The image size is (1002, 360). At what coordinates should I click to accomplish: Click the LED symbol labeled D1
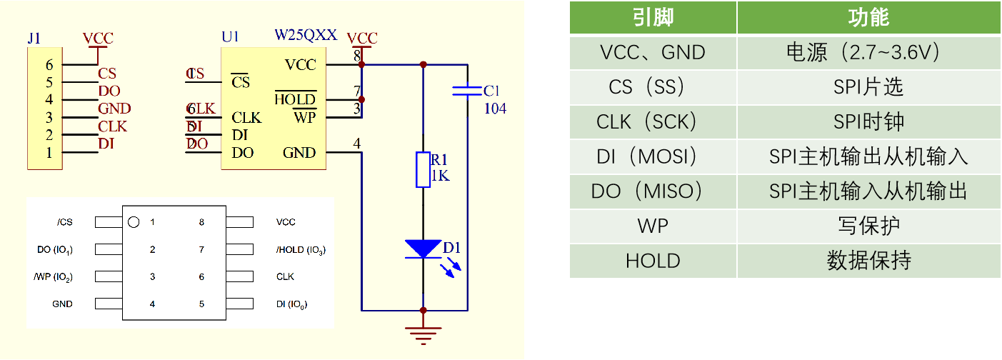click(424, 249)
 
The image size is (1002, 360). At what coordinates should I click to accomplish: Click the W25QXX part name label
click(306, 35)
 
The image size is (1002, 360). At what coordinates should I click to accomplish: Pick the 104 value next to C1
click(495, 109)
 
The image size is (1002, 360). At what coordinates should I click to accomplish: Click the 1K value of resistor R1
click(441, 176)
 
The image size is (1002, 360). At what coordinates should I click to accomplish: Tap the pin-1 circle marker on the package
click(133, 222)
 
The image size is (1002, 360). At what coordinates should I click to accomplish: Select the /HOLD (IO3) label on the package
click(301, 250)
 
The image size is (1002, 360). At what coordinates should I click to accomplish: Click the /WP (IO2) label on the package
click(53, 277)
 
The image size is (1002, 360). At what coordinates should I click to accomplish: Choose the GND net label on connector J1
click(114, 109)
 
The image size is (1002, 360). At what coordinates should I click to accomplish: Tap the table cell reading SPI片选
click(868, 88)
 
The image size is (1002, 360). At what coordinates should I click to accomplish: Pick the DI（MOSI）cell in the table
click(652, 157)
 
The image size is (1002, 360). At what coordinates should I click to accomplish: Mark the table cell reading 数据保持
click(868, 261)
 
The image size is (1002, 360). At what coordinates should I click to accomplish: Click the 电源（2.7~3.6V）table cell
click(868, 53)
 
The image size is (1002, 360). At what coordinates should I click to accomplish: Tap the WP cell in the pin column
click(652, 226)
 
